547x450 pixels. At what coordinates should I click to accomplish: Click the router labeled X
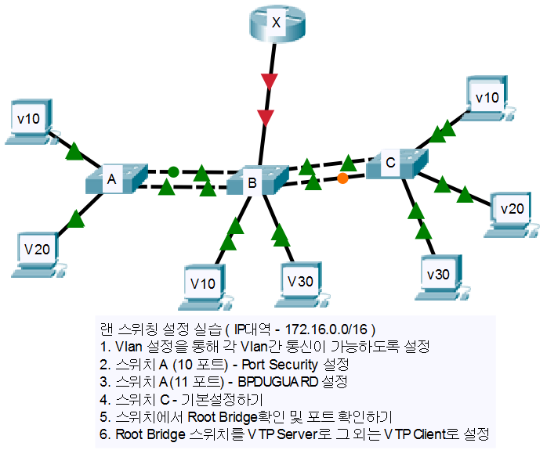[x=275, y=23]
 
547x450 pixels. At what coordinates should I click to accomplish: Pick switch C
[x=397, y=162]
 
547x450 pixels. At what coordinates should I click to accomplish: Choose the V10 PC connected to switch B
[x=206, y=284]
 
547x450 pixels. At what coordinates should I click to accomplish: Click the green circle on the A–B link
[x=173, y=171]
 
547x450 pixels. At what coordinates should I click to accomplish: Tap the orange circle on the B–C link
[x=342, y=179]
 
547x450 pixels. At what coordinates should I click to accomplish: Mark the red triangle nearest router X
[x=270, y=82]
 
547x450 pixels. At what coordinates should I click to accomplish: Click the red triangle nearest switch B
[x=267, y=118]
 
